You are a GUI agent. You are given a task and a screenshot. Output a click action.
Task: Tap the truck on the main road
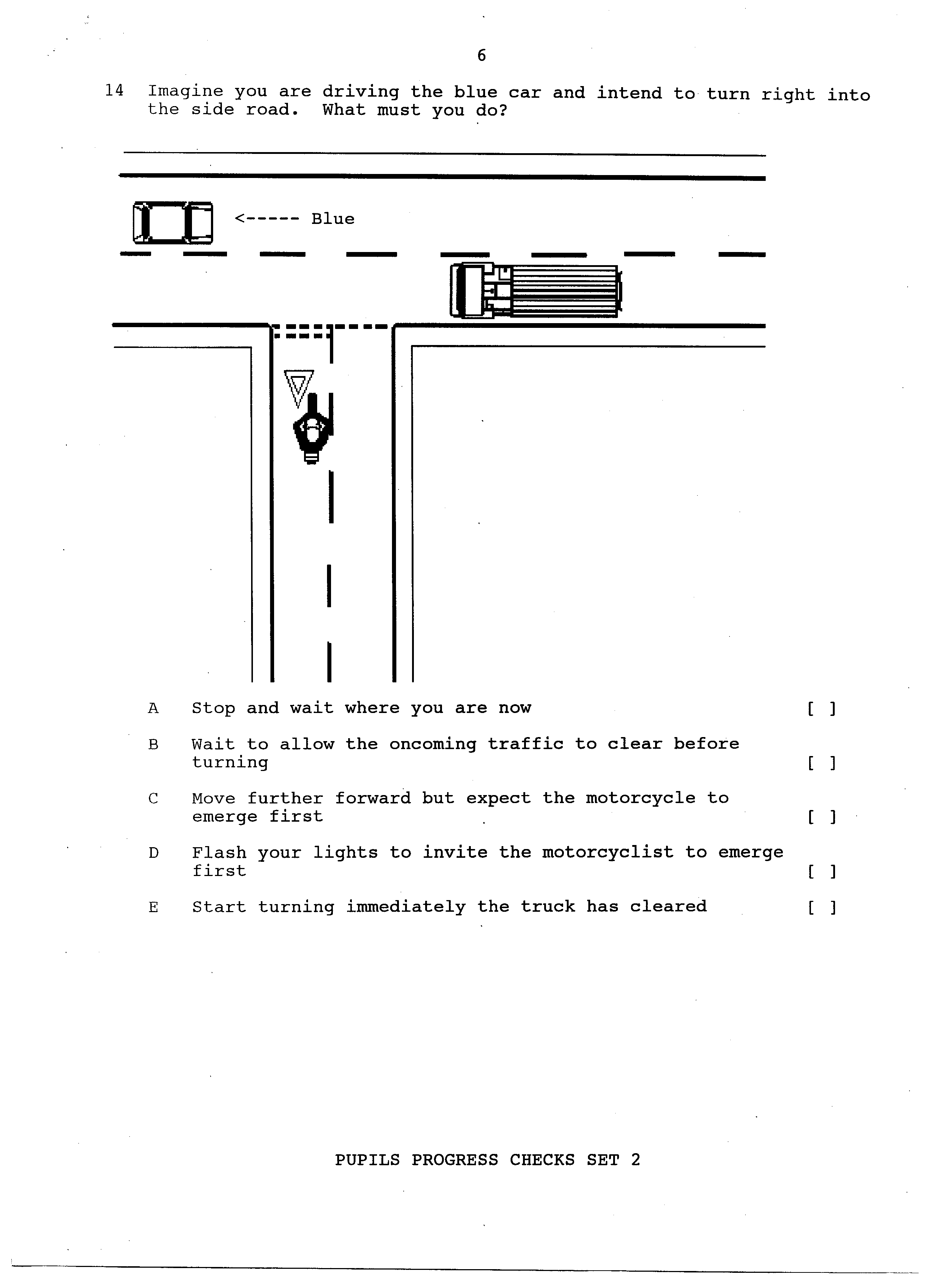click(536, 290)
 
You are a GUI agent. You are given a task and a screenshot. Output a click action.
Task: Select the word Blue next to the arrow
click(333, 218)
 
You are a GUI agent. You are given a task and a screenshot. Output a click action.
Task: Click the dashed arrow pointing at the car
click(267, 218)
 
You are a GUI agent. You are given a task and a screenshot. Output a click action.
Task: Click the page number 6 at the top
click(482, 55)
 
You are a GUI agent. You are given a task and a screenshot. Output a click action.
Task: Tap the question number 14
click(114, 90)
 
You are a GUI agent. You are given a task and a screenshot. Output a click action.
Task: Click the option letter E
click(153, 908)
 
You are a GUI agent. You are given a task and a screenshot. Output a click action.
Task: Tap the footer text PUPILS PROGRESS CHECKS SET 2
click(487, 1160)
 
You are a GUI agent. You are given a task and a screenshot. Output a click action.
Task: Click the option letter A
click(153, 709)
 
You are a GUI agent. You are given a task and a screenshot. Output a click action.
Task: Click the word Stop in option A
click(214, 709)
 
